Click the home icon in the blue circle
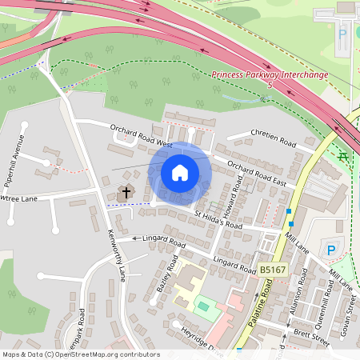180,172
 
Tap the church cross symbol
125,193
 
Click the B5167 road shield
273,270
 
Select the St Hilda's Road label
218,220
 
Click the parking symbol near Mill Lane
330,250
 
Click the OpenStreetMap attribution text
80,354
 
